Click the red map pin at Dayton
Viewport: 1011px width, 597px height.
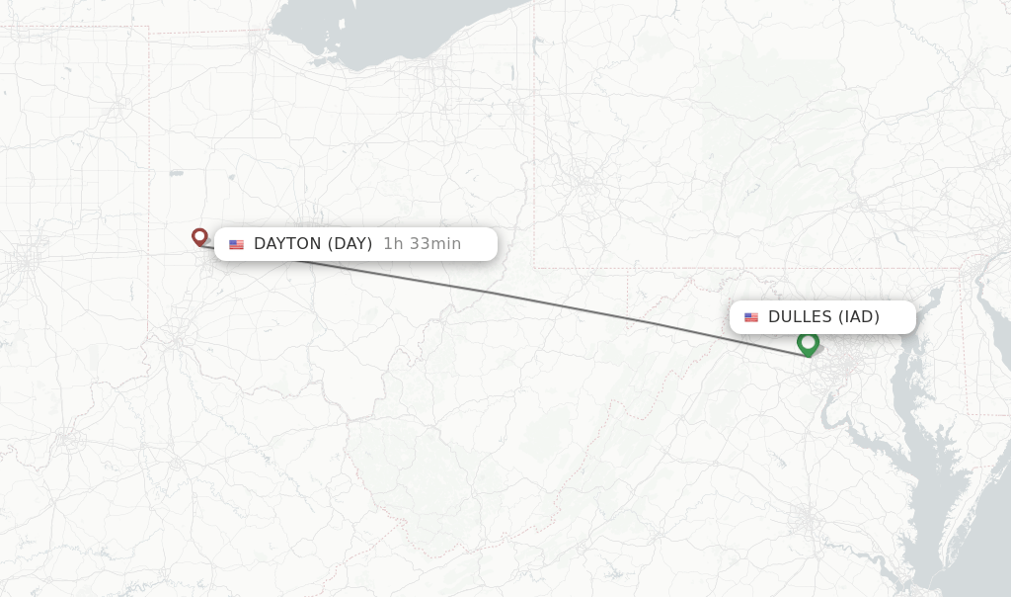(199, 236)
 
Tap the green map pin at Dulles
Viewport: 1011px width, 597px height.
(808, 343)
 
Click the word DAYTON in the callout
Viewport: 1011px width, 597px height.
(287, 244)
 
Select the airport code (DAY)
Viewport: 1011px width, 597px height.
(350, 244)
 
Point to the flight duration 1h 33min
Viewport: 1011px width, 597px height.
(422, 244)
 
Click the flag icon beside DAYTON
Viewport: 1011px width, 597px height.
(237, 245)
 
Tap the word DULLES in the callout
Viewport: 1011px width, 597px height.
(800, 317)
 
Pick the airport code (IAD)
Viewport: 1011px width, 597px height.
(859, 317)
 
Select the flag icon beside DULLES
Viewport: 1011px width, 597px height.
(751, 318)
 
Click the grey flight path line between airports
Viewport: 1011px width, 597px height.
(543, 300)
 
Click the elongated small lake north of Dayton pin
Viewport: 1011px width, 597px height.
(176, 173)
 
